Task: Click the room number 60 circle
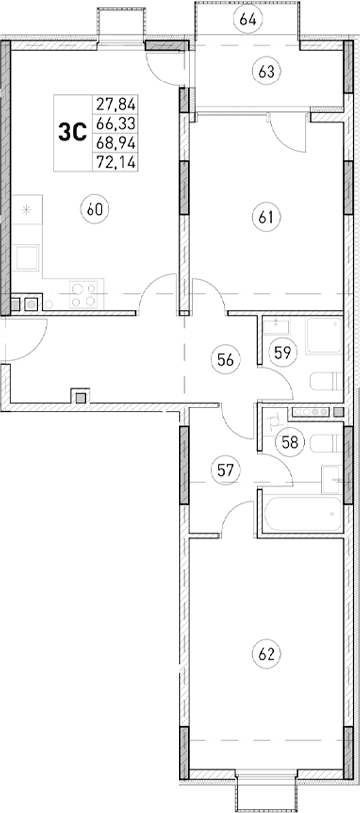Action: tap(95, 209)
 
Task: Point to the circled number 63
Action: tap(266, 72)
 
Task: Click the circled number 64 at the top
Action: tap(248, 19)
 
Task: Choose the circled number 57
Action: tap(226, 470)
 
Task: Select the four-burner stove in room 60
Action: tap(83, 294)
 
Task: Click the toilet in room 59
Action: tap(325, 381)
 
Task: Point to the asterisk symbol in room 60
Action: tap(28, 211)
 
